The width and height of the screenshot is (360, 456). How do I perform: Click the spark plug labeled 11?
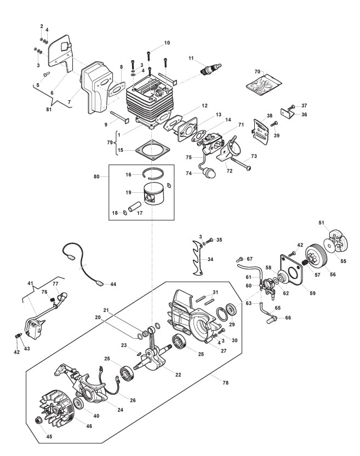pyautogui.click(x=212, y=69)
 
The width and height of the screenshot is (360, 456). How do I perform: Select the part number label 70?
pyautogui.click(x=258, y=72)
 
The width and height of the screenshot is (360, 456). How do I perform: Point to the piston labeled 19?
pyautogui.click(x=154, y=193)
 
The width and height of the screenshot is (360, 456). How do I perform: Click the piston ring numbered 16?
pyautogui.click(x=153, y=174)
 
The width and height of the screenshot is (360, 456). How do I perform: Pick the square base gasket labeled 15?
pyautogui.click(x=152, y=151)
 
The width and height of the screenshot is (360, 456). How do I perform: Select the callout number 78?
pyautogui.click(x=225, y=383)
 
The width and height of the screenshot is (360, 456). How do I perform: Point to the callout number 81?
pyautogui.click(x=49, y=110)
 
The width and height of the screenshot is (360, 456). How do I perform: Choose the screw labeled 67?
pyautogui.click(x=241, y=259)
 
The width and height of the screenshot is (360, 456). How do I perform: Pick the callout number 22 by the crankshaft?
pyautogui.click(x=178, y=374)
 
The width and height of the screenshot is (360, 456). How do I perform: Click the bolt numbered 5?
pyautogui.click(x=46, y=74)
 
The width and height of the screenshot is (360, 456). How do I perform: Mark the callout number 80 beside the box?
pyautogui.click(x=97, y=176)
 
